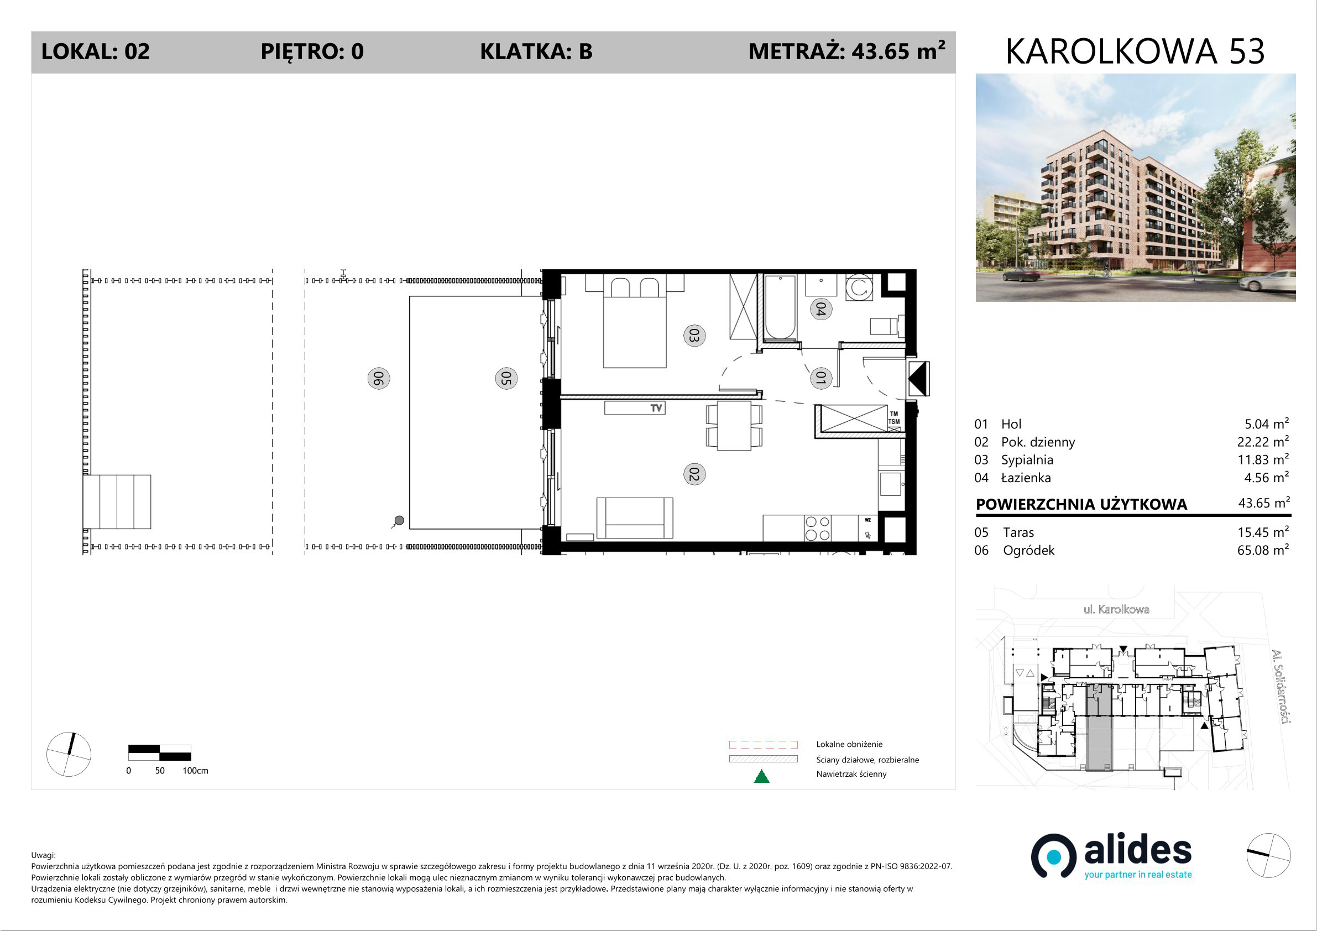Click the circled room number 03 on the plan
click(694, 336)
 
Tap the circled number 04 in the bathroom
click(821, 309)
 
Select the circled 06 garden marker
click(379, 379)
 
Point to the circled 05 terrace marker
click(506, 379)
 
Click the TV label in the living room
click(656, 409)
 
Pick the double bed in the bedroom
click(634, 321)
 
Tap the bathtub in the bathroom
click(780, 308)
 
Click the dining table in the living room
click(734, 426)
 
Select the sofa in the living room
click(634, 518)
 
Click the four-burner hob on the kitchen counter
click(817, 529)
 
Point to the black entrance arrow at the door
click(918, 379)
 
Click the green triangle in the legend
click(761, 776)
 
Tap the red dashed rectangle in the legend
click(763, 745)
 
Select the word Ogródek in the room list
click(1028, 551)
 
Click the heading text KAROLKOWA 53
click(1135, 51)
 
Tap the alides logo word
click(1138, 851)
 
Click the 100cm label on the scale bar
click(195, 771)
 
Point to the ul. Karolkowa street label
click(1116, 609)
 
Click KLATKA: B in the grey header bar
click(536, 51)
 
